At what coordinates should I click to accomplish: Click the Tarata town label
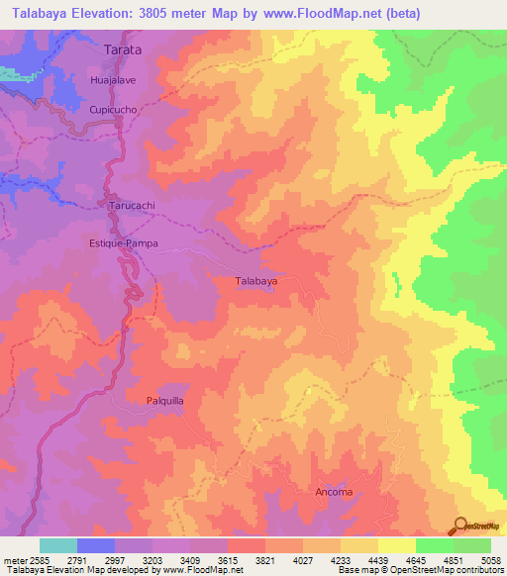click(123, 48)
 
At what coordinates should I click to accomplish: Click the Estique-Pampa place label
click(125, 241)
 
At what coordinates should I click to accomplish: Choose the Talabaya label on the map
click(255, 281)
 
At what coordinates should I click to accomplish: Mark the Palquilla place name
click(166, 401)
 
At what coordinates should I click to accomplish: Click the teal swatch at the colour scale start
click(58, 545)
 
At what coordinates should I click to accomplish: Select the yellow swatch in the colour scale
click(396, 545)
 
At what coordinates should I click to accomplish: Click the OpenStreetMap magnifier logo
click(458, 525)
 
